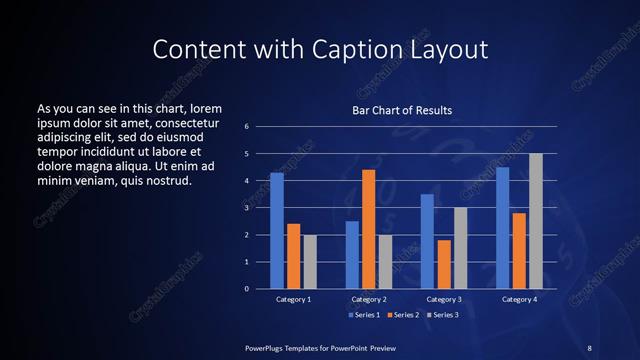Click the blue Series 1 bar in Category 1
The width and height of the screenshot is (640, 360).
[x=277, y=231]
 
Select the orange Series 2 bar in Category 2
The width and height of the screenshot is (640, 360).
[x=368, y=229]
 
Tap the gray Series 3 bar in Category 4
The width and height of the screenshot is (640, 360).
[x=535, y=221]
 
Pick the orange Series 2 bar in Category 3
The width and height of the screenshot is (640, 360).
[x=443, y=264]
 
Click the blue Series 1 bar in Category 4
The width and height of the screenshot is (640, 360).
[x=503, y=228]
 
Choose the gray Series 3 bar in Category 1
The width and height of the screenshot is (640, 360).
[x=310, y=262]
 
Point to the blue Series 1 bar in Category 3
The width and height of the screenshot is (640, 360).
[x=427, y=241]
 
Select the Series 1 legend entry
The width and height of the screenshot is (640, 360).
[x=364, y=315]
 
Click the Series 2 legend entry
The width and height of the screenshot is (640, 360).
[x=402, y=315]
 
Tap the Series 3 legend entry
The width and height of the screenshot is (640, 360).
[x=441, y=315]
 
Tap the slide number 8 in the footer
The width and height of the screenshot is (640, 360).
[x=589, y=347]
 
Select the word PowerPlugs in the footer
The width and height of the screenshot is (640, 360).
[x=268, y=347]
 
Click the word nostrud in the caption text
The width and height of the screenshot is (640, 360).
[x=169, y=180]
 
